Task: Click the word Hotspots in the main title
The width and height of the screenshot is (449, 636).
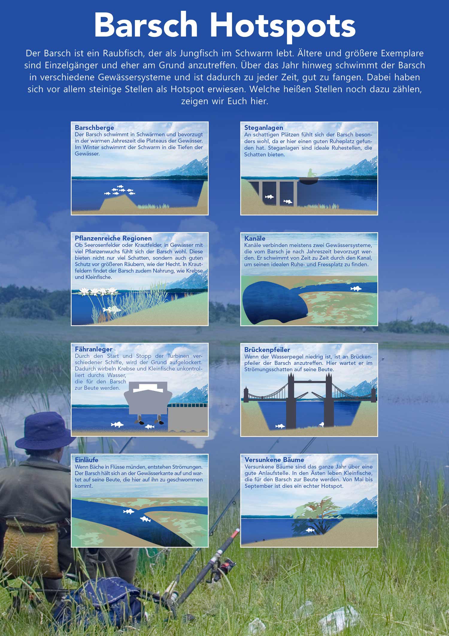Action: tap(283, 27)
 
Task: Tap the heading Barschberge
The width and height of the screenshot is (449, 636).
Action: tap(94, 128)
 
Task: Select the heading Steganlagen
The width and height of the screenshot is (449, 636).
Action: tap(263, 128)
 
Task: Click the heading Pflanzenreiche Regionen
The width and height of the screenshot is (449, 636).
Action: tap(113, 238)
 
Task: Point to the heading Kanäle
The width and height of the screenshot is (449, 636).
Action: tap(255, 238)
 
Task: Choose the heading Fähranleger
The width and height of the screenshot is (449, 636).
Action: tap(94, 349)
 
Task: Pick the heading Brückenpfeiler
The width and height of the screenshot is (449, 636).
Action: tap(267, 350)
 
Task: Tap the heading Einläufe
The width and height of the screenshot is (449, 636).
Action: tap(87, 460)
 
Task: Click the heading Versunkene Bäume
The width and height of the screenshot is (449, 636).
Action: tap(274, 460)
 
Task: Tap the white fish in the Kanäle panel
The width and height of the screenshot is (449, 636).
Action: tap(356, 289)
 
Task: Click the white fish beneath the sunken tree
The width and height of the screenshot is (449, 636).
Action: tap(310, 530)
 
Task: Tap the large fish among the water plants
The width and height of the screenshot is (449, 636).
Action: tap(112, 309)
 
